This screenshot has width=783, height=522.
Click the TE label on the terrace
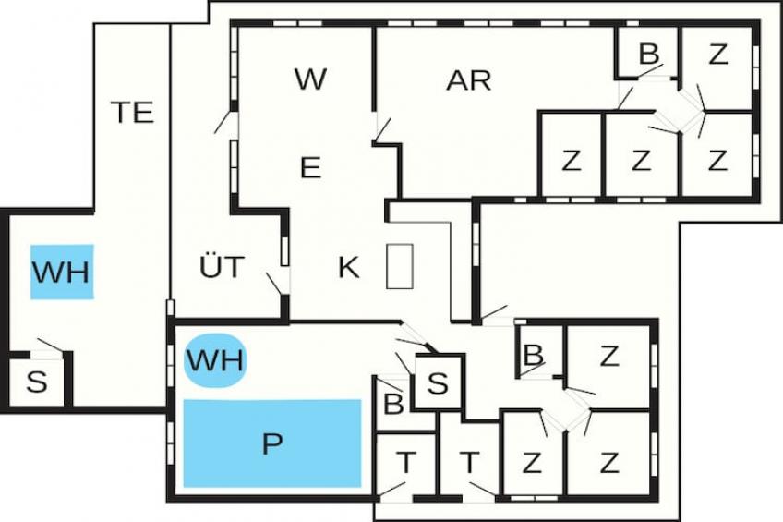(x=132, y=112)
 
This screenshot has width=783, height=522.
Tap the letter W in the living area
(x=310, y=79)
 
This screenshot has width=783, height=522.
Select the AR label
(x=468, y=80)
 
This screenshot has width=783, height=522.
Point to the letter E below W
(x=310, y=168)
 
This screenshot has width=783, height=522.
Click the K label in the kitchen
(x=348, y=268)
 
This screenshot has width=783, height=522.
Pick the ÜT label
(x=222, y=266)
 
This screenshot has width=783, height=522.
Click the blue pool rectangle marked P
(x=272, y=443)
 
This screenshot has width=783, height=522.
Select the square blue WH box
(x=62, y=272)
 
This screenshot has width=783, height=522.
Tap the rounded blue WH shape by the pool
(x=215, y=360)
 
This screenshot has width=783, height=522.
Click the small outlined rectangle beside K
(x=400, y=266)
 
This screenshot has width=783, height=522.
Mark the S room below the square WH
(x=36, y=382)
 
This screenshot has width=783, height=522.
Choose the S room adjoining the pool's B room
(x=438, y=383)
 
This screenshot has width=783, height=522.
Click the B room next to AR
(x=647, y=53)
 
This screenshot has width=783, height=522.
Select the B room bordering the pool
(x=393, y=404)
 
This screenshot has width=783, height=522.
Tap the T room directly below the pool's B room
(x=405, y=465)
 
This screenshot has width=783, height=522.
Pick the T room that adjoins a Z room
(x=469, y=462)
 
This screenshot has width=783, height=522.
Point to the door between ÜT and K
(x=278, y=284)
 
